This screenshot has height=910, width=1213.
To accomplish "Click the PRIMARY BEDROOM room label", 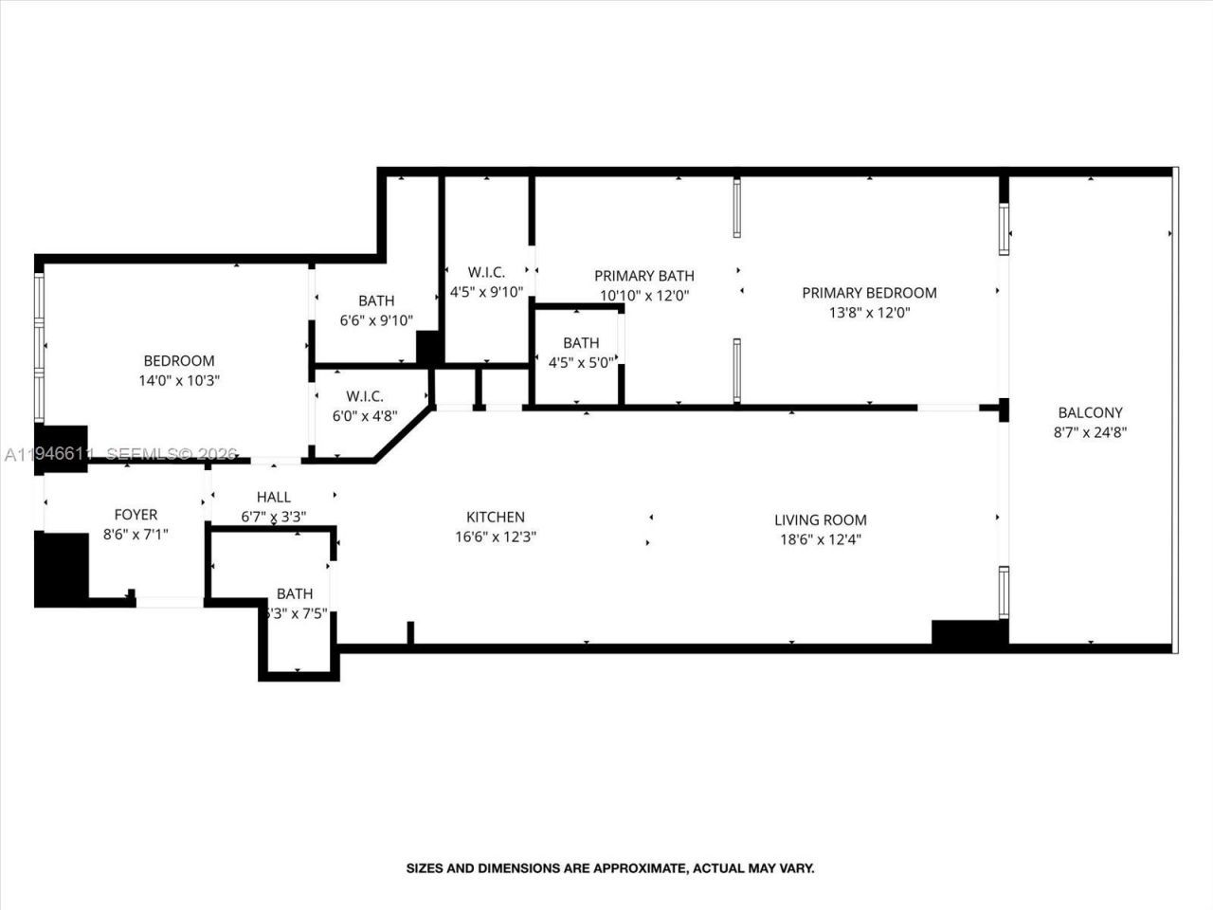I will [869, 293].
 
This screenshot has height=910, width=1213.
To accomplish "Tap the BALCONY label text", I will [1090, 412].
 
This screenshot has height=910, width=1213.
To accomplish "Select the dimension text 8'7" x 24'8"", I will [1090, 432].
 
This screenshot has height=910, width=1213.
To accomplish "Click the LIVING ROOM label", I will [820, 519].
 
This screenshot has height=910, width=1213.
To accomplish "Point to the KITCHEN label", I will [495, 517].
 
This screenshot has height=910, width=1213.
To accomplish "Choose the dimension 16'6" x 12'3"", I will [495, 537].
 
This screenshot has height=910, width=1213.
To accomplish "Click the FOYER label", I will [136, 514].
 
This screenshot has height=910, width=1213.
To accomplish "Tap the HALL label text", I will [273, 497].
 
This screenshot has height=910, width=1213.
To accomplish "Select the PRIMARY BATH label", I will [643, 275].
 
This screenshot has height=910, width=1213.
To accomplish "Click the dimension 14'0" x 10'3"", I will [179, 380].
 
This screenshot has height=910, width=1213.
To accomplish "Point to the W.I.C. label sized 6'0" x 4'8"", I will [364, 396].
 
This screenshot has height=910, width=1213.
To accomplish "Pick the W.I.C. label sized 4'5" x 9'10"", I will [486, 272].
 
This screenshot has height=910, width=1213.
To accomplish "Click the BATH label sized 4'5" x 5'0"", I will [580, 342].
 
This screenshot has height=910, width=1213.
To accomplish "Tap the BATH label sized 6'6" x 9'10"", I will [375, 300].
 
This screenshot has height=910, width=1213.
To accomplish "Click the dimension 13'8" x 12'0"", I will [869, 313].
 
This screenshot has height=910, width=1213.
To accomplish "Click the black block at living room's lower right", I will [969, 632].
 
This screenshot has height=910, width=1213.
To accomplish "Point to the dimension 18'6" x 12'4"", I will [820, 539].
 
